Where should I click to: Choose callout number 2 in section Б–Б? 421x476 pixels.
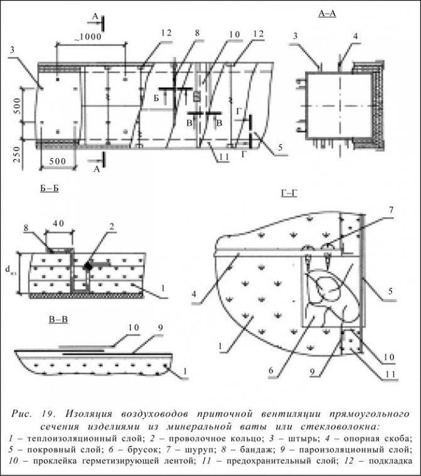[x=112, y=225]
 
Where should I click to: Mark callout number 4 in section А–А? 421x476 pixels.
[x=355, y=37]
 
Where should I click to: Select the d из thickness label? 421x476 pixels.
[x=9, y=270]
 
